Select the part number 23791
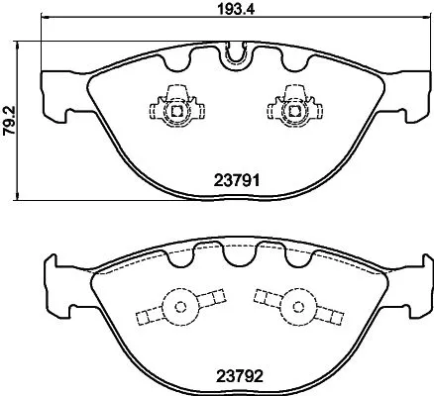[237, 181]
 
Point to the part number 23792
[237, 375]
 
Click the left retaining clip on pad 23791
[175, 108]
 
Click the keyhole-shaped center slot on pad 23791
[234, 55]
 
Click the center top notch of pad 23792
[234, 256]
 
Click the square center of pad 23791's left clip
[175, 110]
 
